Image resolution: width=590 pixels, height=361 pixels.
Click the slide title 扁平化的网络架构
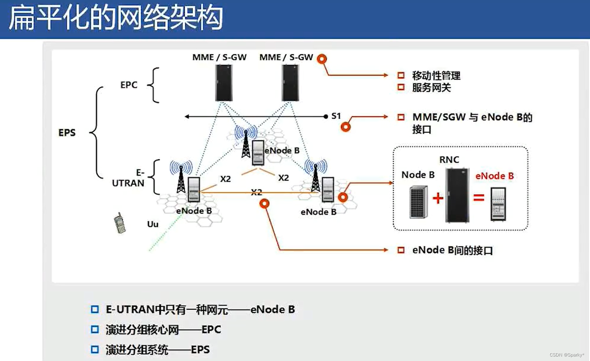(x=115, y=17)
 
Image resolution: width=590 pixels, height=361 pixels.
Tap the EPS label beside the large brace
(x=67, y=133)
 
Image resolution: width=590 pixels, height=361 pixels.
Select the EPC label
(x=129, y=85)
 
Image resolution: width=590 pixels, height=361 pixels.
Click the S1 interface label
(x=336, y=116)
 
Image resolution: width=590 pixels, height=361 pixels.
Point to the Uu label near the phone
(x=153, y=224)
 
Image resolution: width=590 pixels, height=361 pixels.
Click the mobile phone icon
(x=120, y=223)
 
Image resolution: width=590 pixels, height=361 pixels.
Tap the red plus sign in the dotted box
(x=438, y=198)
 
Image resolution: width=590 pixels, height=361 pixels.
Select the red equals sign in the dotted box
(x=479, y=198)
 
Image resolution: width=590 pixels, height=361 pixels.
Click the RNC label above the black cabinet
(x=449, y=160)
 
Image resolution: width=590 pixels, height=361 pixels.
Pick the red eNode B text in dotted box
(x=494, y=176)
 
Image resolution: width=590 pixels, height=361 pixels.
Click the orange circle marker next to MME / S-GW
(x=322, y=59)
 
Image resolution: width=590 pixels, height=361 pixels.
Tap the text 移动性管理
(x=436, y=76)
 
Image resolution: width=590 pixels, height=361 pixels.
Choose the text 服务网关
(x=431, y=88)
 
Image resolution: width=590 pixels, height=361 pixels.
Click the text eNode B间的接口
(x=452, y=251)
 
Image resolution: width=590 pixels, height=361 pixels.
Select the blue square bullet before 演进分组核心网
(x=95, y=329)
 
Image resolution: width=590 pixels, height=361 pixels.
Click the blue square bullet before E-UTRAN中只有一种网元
(x=95, y=309)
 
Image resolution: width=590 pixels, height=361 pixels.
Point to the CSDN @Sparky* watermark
(x=567, y=355)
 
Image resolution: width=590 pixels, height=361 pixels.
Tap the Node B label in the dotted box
(x=418, y=175)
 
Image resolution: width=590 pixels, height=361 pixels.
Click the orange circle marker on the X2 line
(x=264, y=204)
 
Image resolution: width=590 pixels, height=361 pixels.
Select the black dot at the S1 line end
(x=326, y=116)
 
